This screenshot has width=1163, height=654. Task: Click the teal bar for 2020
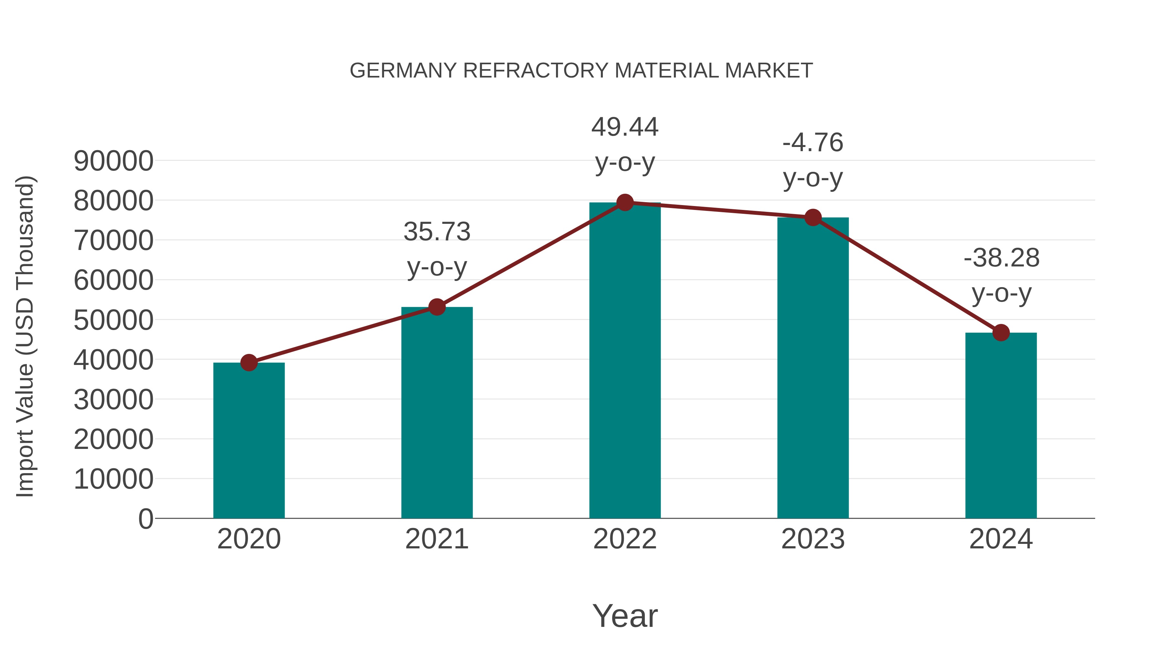249,440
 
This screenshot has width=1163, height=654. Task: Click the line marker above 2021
436,307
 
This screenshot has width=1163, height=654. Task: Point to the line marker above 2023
813,218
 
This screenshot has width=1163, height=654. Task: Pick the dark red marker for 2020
249,362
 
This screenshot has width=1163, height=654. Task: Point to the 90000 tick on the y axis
113,161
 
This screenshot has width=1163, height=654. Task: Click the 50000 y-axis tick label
113,320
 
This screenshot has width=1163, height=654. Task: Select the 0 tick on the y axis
145,519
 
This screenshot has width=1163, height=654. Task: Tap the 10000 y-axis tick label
113,479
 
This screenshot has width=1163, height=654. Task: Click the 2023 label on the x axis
813,539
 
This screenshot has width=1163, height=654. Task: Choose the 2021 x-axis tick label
436,539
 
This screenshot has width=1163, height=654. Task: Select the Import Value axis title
25,336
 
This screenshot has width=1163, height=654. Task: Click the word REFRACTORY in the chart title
536,71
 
